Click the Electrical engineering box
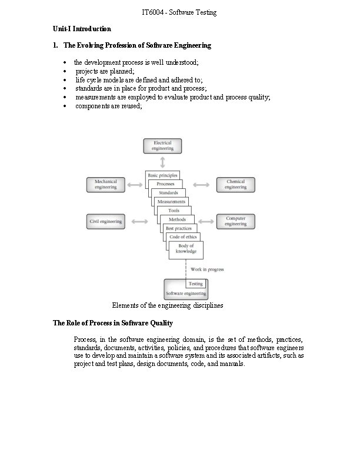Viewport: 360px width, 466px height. pyautogui.click(x=162, y=146)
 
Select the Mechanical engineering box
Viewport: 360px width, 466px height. pyautogui.click(x=106, y=185)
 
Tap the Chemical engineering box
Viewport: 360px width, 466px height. pyautogui.click(x=235, y=185)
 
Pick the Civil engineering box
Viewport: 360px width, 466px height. pyautogui.click(x=106, y=221)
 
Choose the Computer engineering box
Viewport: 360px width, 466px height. pyautogui.click(x=235, y=221)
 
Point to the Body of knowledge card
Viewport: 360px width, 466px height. pyautogui.click(x=186, y=249)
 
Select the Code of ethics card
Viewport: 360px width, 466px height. pyautogui.click(x=183, y=237)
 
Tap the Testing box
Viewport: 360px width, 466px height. pyautogui.click(x=195, y=284)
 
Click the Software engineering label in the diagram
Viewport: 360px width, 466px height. pyautogui.click(x=186, y=292)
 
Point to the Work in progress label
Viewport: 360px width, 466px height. pyautogui.click(x=207, y=269)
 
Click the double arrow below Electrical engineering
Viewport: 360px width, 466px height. pyautogui.click(x=162, y=162)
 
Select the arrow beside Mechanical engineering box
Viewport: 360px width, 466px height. pyautogui.click(x=134, y=185)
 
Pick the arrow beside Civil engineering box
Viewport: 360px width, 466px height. pyautogui.click(x=139, y=221)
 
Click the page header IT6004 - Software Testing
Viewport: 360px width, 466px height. pyautogui.click(x=179, y=12)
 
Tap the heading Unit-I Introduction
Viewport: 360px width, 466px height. pyautogui.click(x=82, y=28)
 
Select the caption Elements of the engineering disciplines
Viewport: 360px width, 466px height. pyautogui.click(x=168, y=305)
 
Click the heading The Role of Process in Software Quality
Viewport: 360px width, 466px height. pyautogui.click(x=112, y=323)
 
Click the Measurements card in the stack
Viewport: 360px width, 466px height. pyautogui.click(x=171, y=202)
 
